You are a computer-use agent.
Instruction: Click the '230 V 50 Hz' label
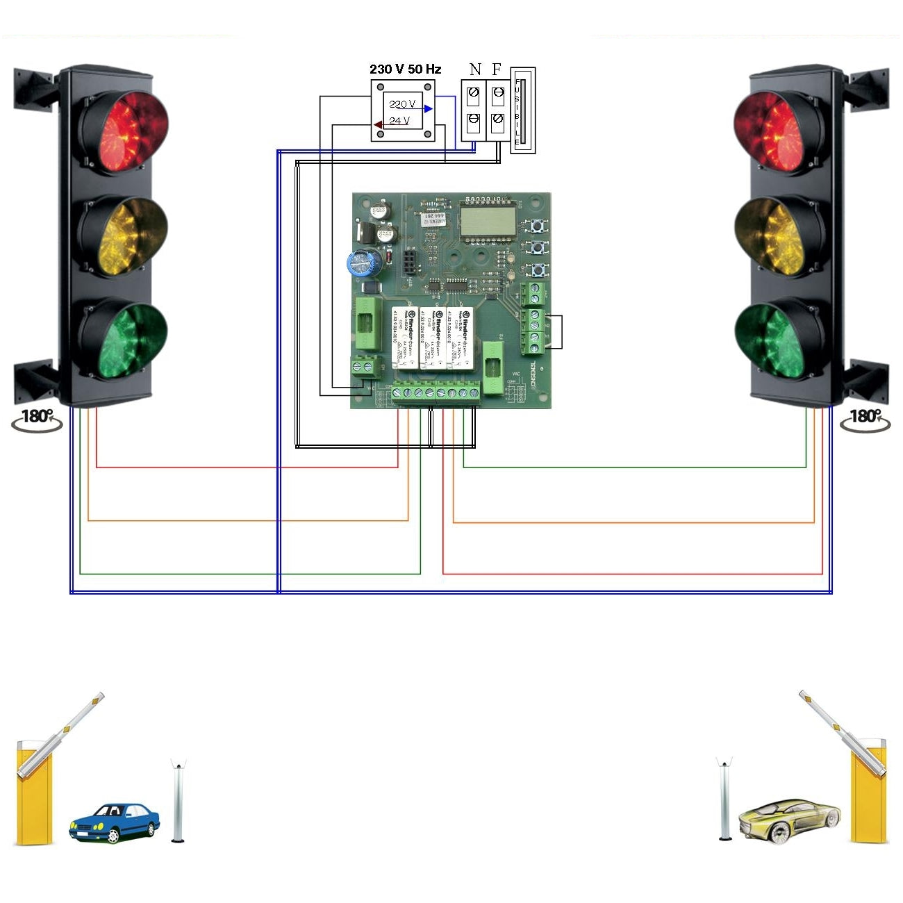pos(405,69)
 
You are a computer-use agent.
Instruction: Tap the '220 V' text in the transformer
pos(401,104)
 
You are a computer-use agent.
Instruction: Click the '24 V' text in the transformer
pos(399,121)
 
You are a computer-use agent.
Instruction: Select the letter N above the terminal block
pos(475,69)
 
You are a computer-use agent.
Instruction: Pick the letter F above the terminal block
pos(496,69)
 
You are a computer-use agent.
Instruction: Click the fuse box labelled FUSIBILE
pos(522,110)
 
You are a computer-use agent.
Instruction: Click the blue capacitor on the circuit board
pos(363,263)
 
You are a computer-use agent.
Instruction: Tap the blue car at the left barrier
pos(114,822)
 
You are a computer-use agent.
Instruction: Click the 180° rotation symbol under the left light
pos(38,419)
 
